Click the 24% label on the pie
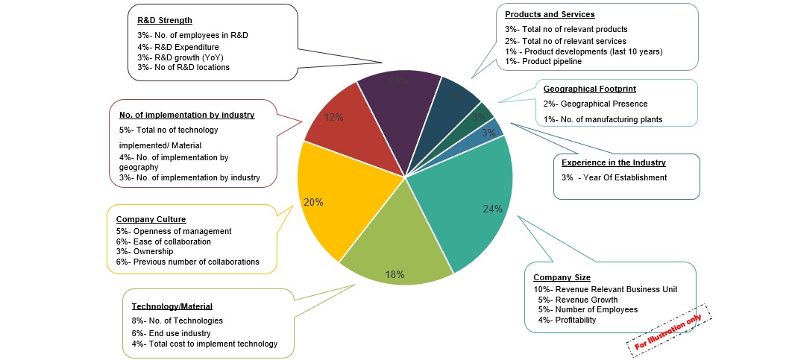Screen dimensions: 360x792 point(492,209)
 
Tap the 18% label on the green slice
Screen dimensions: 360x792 point(395,274)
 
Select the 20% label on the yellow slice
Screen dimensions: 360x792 point(313,201)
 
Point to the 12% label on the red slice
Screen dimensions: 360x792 point(333,117)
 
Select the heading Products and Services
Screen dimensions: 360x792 point(550,14)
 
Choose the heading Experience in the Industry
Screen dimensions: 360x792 point(613,162)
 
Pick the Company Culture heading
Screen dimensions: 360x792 point(151,219)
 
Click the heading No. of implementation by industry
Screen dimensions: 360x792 point(186,115)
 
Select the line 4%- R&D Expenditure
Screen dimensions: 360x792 point(177,47)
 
